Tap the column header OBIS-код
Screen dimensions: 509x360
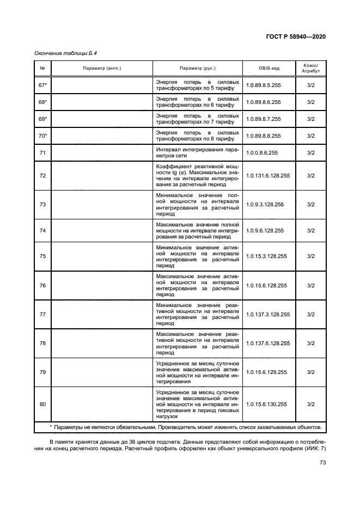pos(269,69)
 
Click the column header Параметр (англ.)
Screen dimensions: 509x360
pos(102,69)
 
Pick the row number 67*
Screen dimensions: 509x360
pos(42,85)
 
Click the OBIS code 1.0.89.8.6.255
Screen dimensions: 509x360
pos(263,102)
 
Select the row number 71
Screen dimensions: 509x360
pos(42,152)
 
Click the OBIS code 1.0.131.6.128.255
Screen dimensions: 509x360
pos(267,176)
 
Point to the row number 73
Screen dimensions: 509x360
pos(42,205)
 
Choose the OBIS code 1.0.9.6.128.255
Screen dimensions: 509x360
pos(265,231)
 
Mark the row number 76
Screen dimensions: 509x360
pos(42,286)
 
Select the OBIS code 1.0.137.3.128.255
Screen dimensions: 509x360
pos(267,315)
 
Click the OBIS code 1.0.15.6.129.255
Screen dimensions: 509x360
pos(266,372)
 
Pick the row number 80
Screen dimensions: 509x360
pos(42,404)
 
